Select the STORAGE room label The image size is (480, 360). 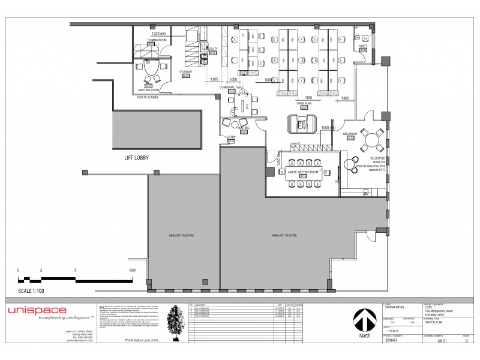click(185, 71)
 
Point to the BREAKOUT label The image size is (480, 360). click(350, 134)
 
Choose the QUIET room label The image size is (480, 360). click(363, 46)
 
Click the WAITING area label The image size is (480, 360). click(244, 127)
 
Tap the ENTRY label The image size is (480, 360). click(232, 137)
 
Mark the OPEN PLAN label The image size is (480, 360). click(305, 103)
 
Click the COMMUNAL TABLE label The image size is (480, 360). click(232, 87)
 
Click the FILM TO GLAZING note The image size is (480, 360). click(148, 97)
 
